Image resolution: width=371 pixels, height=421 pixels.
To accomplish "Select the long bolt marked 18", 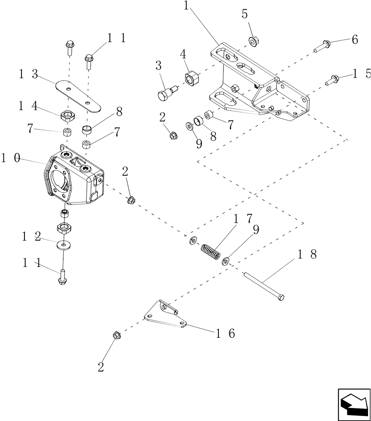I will pos(264,287).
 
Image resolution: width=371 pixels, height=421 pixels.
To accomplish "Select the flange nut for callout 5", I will pos(254,42).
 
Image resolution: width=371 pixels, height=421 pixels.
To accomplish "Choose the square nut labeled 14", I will pos(67,114).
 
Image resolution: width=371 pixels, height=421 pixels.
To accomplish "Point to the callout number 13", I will pos(28,75).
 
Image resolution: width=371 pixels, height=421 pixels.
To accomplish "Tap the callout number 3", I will pos(159,65).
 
